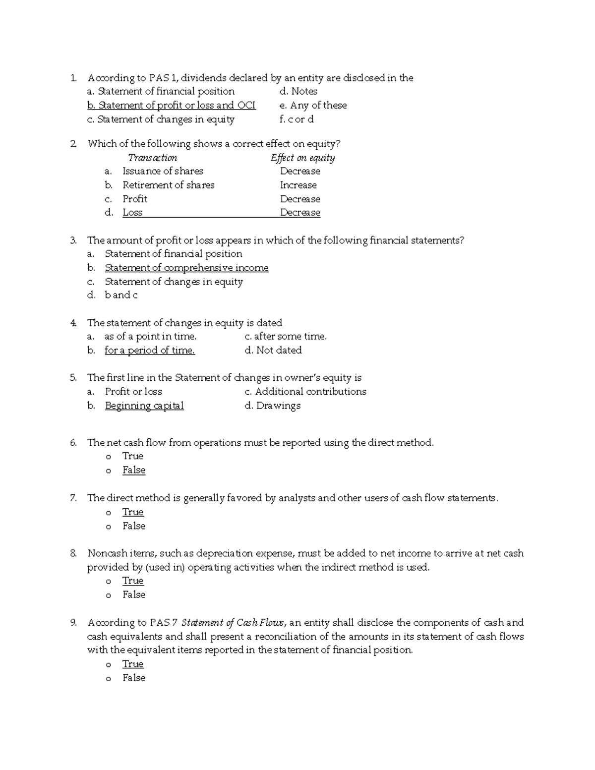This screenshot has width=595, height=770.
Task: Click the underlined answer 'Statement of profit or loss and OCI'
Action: tap(172, 105)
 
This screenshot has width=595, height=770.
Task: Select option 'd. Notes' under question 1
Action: tap(298, 91)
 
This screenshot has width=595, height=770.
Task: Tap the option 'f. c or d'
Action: tap(297, 119)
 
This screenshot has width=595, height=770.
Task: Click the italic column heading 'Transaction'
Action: tap(152, 158)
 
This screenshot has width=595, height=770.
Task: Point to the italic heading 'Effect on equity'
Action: tap(302, 158)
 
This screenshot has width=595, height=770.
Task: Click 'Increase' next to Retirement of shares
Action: tap(298, 185)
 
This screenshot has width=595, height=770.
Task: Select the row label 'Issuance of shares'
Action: tap(163, 171)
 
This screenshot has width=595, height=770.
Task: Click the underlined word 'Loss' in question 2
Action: tap(132, 213)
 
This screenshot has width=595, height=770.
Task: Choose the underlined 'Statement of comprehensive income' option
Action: tap(186, 268)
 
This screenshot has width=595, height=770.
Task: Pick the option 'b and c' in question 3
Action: tap(121, 295)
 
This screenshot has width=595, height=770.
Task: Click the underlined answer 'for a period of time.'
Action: tap(149, 350)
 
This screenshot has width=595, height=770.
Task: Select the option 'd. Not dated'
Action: tap(273, 350)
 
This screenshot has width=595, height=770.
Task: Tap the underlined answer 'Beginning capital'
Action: tap(144, 406)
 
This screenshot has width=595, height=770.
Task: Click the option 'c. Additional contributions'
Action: tap(305, 392)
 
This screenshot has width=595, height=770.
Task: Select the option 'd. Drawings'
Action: tap(273, 406)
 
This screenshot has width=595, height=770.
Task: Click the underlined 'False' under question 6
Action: tap(134, 470)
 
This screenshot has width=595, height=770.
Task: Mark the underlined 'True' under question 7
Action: tap(133, 512)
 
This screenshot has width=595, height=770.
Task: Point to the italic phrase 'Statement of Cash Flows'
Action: tap(233, 623)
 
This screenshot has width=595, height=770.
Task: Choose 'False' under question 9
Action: tap(134, 678)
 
